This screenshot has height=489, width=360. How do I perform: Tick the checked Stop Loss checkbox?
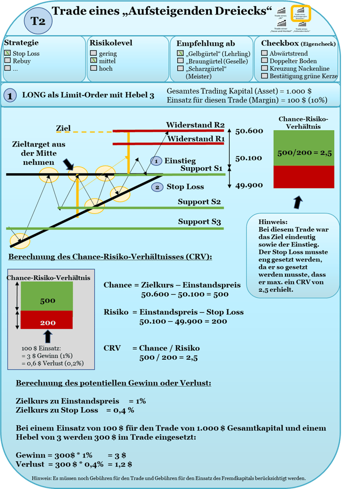click(7, 53)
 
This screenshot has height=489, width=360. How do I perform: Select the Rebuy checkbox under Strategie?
click(7, 61)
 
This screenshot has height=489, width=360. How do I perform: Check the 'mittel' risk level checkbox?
click(94, 61)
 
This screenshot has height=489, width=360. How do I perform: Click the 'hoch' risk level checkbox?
click(94, 68)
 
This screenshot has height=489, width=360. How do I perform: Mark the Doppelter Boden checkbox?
click(265, 61)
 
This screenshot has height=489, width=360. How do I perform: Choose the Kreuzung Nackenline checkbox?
click(265, 68)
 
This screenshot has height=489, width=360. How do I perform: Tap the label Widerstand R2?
click(195, 125)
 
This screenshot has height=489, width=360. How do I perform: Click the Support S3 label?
click(199, 222)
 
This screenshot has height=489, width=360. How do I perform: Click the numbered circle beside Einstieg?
click(156, 161)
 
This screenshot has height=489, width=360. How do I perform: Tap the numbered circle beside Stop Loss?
click(157, 187)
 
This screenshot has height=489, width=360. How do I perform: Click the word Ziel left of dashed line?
click(63, 128)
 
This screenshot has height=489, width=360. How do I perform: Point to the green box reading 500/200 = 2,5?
click(304, 148)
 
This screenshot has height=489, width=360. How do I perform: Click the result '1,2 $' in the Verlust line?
click(123, 464)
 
